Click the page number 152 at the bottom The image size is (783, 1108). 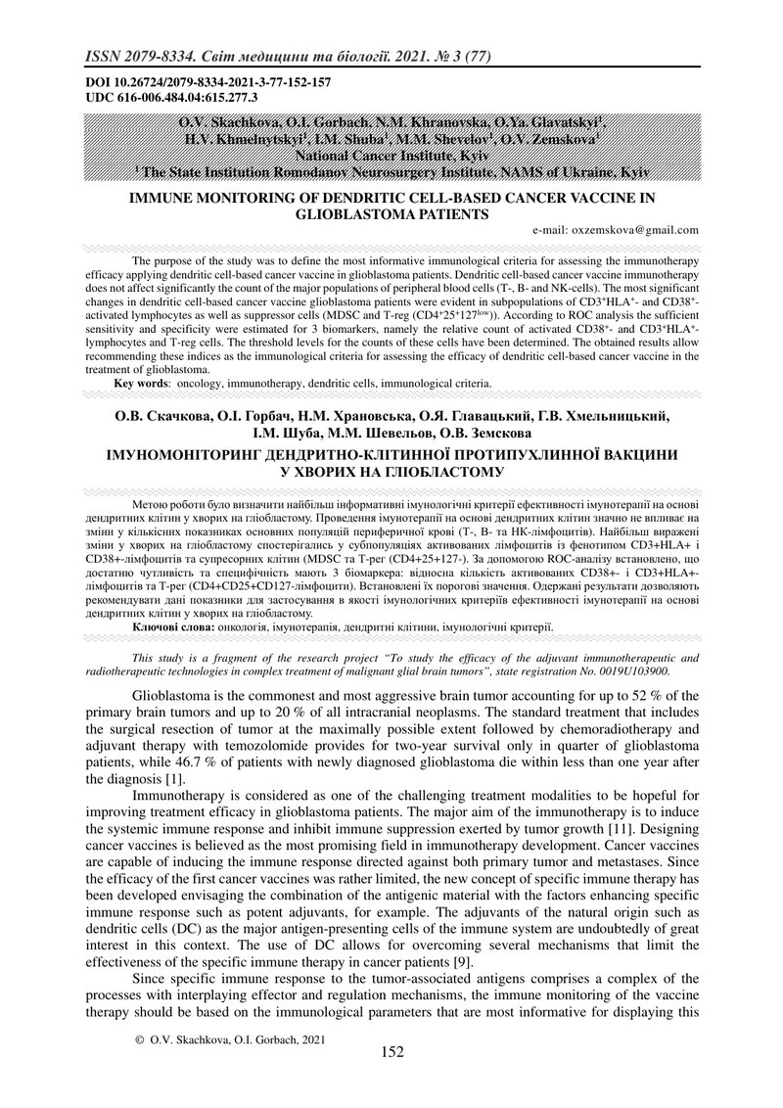pyautogui.click(x=391, y=1052)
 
